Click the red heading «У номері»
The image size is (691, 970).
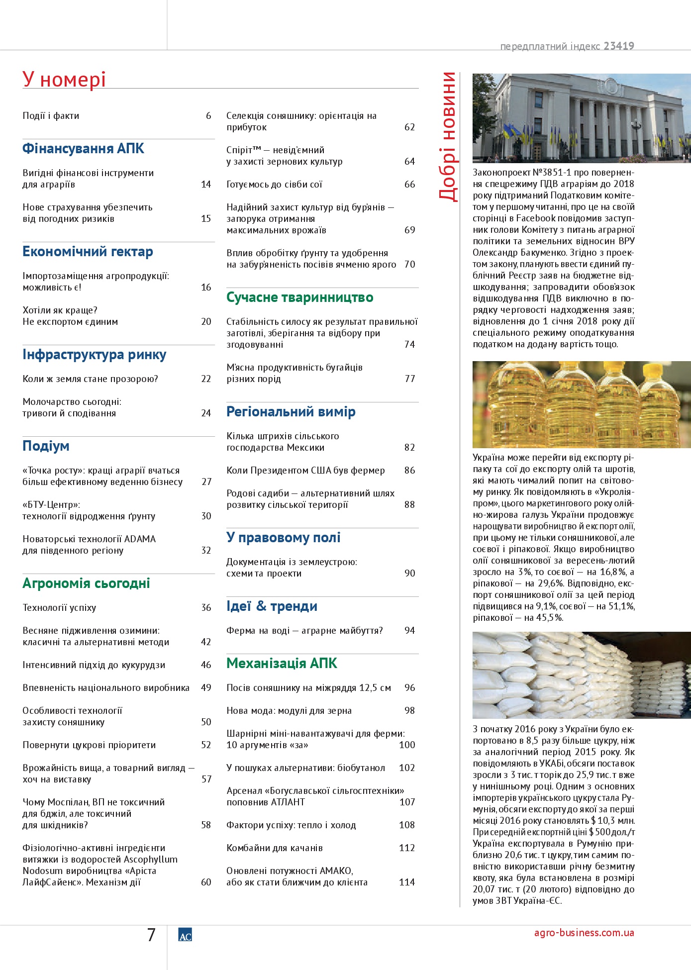[x=64, y=79]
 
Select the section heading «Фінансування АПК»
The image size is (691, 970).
[x=83, y=149]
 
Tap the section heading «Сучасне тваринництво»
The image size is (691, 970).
[x=299, y=297]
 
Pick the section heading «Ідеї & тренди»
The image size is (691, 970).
[x=272, y=606]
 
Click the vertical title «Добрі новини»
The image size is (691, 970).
[x=447, y=137]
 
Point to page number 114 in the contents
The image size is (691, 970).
[x=406, y=882]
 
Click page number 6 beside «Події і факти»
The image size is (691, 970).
[x=208, y=116]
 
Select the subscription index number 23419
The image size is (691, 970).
[x=619, y=46]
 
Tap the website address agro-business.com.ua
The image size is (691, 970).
[x=584, y=933]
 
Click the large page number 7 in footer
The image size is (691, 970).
[x=151, y=935]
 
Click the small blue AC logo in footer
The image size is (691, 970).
[x=185, y=935]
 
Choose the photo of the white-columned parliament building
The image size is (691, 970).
[x=581, y=118]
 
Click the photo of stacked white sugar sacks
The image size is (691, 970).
[x=581, y=675]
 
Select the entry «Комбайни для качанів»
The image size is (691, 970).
[x=275, y=848]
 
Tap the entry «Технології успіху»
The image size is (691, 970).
[x=59, y=608]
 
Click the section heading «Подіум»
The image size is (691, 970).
[x=46, y=446]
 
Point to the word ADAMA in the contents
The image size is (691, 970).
[x=140, y=539]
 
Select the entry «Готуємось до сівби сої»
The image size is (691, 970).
[x=274, y=185]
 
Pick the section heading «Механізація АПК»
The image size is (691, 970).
[x=282, y=664]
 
